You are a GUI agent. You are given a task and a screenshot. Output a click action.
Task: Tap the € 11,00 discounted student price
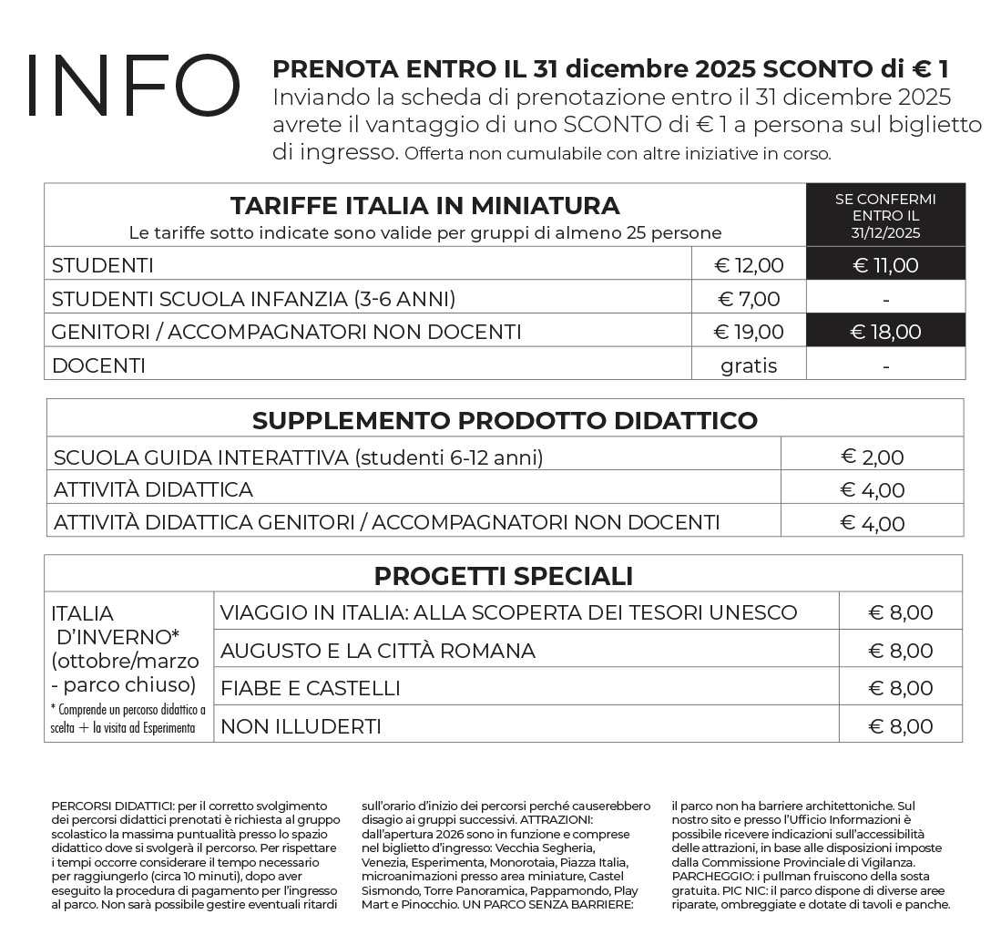[885, 265]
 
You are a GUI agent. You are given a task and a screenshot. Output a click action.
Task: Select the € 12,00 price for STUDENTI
[749, 265]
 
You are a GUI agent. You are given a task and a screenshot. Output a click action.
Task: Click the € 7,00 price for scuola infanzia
[749, 299]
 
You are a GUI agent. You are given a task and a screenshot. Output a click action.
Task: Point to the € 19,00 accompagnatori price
[749, 332]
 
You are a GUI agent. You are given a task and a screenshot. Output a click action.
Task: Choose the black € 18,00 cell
[885, 332]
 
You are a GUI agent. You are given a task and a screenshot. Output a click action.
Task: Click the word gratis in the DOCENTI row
[749, 365]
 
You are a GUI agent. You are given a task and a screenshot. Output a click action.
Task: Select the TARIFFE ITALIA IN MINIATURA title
[424, 205]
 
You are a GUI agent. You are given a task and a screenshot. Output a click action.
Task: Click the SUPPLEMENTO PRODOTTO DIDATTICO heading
[505, 420]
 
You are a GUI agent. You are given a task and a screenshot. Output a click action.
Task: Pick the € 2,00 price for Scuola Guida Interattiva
[872, 457]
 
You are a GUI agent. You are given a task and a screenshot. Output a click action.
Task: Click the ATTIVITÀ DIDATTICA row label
[153, 489]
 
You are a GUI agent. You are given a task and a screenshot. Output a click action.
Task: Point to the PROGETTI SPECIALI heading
[503, 576]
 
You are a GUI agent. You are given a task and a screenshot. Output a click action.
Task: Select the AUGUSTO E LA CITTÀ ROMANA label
[378, 651]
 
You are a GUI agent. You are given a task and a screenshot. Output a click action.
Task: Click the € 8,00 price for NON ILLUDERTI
[900, 726]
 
